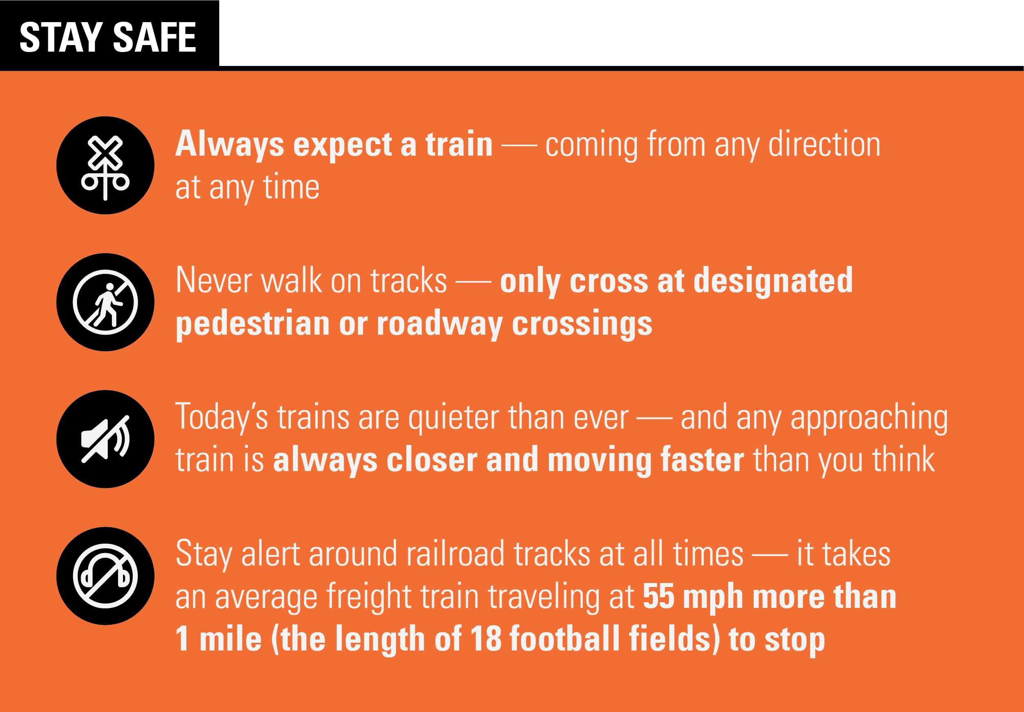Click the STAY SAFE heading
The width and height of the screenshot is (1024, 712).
click(x=108, y=37)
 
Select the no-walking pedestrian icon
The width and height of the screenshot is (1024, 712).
click(x=105, y=302)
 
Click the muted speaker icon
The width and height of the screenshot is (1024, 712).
click(x=105, y=439)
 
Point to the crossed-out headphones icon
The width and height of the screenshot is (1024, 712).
click(x=105, y=576)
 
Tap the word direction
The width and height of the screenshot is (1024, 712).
click(x=824, y=145)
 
